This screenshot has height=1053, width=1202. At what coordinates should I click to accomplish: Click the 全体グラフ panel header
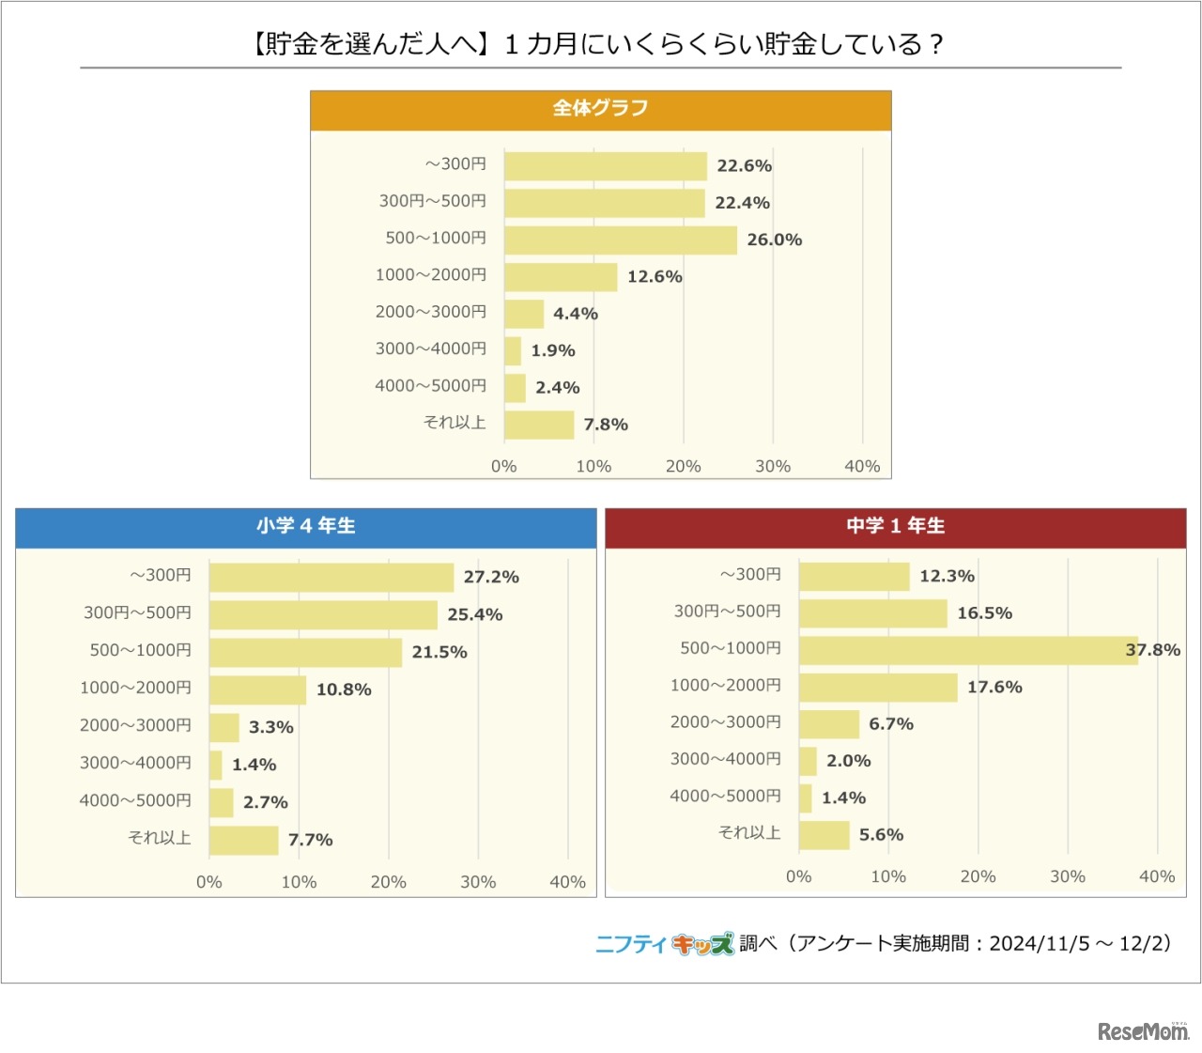[x=600, y=109]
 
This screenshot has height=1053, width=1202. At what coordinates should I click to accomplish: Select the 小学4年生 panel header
[x=305, y=526]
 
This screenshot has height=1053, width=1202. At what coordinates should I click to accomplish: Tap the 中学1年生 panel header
[x=895, y=526]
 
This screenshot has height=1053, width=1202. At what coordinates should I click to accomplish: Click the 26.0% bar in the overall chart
[x=620, y=240]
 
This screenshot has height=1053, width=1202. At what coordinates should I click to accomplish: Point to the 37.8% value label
[x=1152, y=650]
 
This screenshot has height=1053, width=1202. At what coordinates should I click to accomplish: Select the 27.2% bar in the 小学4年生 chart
[x=331, y=578]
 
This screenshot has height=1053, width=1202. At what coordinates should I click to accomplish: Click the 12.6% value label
[x=655, y=277]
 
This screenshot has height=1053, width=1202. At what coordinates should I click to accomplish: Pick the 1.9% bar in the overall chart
[x=513, y=351]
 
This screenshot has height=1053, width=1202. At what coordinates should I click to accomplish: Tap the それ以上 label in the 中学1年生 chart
[x=749, y=833]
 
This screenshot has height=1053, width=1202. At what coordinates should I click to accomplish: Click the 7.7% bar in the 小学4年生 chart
[x=243, y=841]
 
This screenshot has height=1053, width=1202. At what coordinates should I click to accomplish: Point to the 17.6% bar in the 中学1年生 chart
[x=877, y=688]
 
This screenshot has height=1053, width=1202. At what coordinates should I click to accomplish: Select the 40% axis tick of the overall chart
[x=861, y=466]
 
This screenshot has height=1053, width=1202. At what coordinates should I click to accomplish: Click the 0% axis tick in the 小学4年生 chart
[x=209, y=882]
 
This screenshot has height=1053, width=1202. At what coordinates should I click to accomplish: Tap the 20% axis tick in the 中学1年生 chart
[x=978, y=876]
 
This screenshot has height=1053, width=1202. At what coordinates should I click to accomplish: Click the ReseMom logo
[x=1143, y=1030]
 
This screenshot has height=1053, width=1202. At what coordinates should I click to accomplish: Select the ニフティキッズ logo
[x=664, y=944]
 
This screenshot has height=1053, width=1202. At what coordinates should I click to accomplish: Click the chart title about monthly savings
[x=599, y=44]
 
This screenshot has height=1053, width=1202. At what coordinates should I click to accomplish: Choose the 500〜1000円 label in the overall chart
[x=436, y=239]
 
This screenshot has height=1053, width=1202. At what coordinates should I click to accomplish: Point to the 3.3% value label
[x=270, y=728]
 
